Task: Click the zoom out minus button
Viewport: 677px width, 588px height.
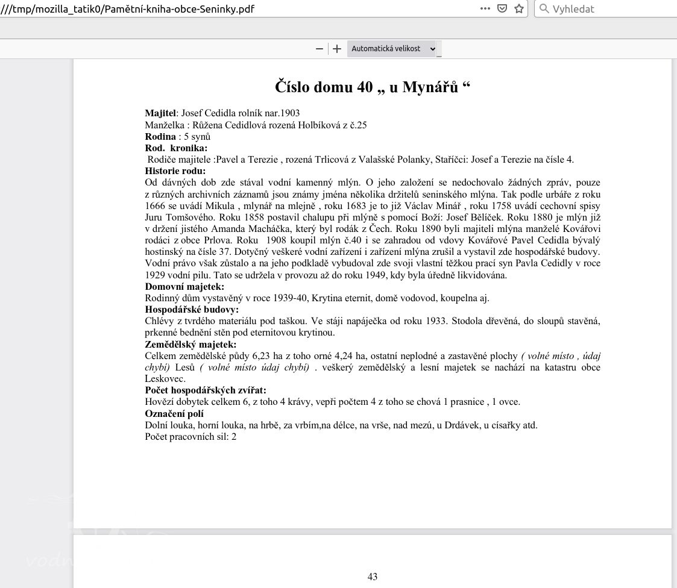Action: tap(320, 49)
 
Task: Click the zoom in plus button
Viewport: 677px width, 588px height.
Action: tap(337, 49)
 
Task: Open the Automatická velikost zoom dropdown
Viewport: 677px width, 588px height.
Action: tap(393, 49)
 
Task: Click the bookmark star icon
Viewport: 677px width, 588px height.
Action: tap(518, 8)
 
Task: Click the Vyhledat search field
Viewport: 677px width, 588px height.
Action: tap(603, 8)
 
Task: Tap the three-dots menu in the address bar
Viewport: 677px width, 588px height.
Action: tap(485, 8)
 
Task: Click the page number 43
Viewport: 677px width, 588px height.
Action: tap(373, 577)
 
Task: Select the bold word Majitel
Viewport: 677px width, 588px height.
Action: tap(160, 113)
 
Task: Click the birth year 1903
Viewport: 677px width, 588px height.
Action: tap(289, 113)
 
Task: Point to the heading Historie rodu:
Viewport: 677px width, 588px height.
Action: tap(175, 171)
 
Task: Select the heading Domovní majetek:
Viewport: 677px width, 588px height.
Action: tap(184, 287)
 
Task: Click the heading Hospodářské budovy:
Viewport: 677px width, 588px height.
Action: tap(192, 310)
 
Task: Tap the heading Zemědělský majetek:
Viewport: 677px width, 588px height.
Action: tap(191, 345)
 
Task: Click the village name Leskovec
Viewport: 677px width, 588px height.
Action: tap(165, 379)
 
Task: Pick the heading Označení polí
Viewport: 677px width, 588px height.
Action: tap(174, 414)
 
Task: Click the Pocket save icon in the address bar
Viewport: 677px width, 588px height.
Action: tap(502, 8)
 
